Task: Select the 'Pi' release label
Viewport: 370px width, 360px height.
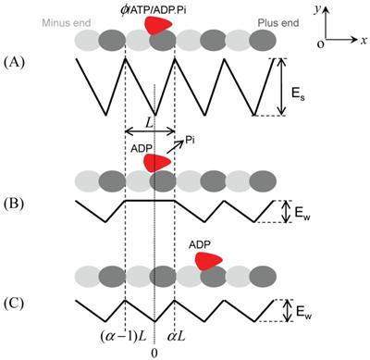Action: click(192, 135)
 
